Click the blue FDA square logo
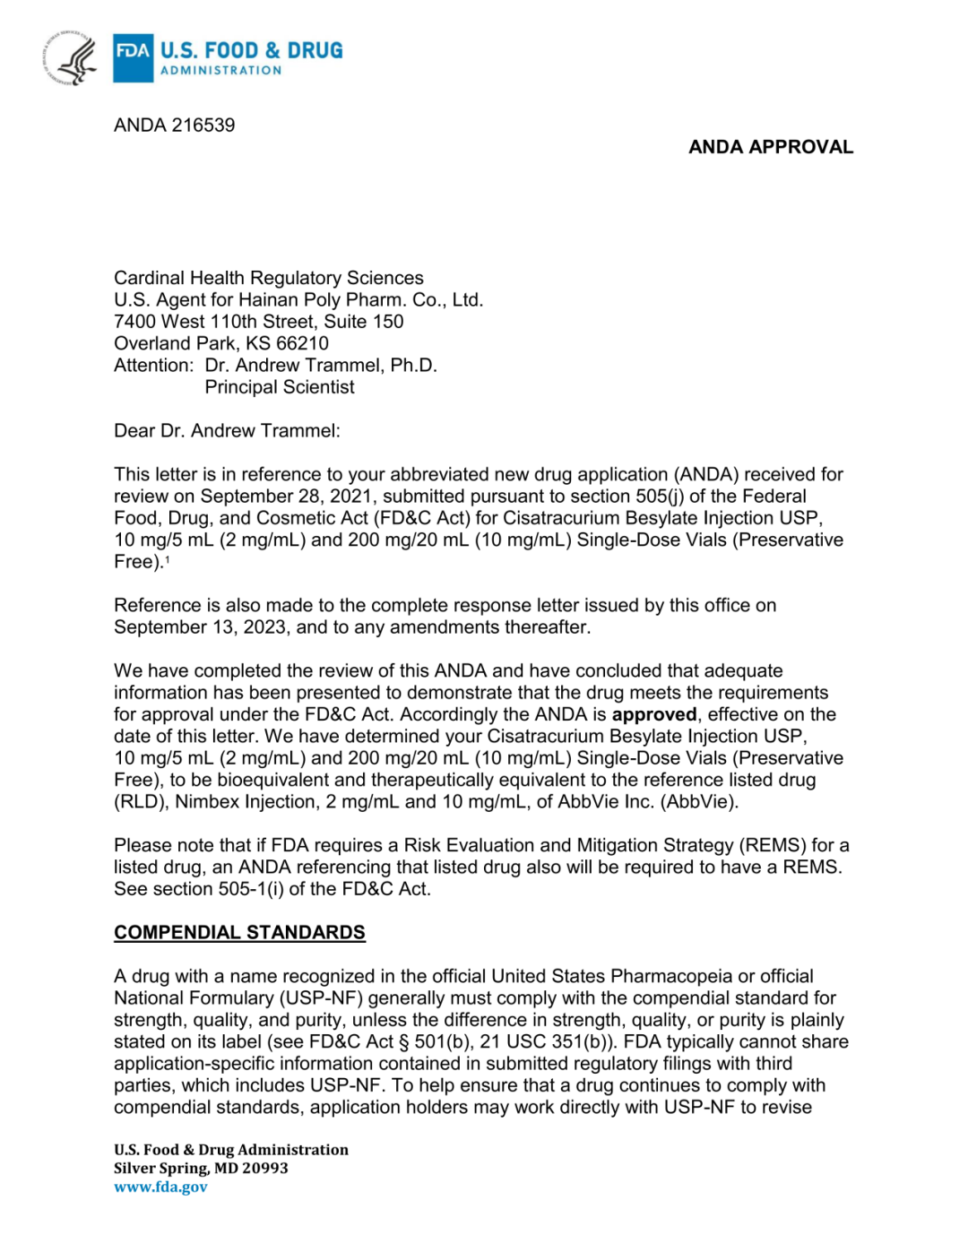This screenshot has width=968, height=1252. pyautogui.click(x=133, y=57)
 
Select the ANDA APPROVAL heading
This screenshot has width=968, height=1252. pyautogui.click(x=770, y=147)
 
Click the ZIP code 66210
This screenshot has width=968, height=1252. pyautogui.click(x=302, y=344)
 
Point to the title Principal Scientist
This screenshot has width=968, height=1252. pyautogui.click(x=279, y=387)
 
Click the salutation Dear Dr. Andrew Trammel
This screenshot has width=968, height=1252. pyautogui.click(x=226, y=431)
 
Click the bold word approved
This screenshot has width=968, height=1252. pyautogui.click(x=653, y=715)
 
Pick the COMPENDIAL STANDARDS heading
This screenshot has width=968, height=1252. pyautogui.click(x=239, y=933)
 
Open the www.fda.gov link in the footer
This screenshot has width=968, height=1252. pyautogui.click(x=160, y=1187)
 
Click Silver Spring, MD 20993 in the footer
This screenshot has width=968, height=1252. pyautogui.click(x=201, y=1169)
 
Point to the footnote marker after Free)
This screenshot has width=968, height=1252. pyautogui.click(x=167, y=559)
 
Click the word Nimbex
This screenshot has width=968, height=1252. pyautogui.click(x=208, y=802)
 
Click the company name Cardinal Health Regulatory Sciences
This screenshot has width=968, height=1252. pyautogui.click(x=268, y=279)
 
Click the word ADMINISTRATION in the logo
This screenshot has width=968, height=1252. pyautogui.click(x=220, y=71)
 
